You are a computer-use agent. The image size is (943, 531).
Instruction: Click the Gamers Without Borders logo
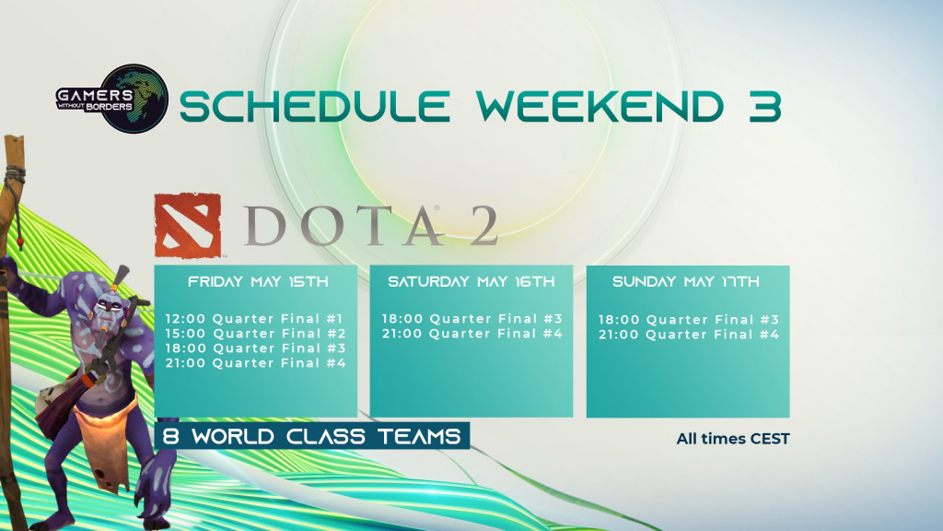click(x=111, y=99)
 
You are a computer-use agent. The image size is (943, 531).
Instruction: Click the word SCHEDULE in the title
click(x=315, y=106)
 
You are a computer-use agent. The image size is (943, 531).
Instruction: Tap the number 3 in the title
click(x=765, y=106)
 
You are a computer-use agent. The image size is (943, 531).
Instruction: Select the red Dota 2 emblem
click(x=188, y=226)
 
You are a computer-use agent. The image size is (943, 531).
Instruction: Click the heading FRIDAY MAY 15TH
click(x=258, y=281)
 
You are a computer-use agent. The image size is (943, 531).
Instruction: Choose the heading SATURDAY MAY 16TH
click(x=471, y=281)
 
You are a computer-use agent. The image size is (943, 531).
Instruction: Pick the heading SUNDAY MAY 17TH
click(x=685, y=281)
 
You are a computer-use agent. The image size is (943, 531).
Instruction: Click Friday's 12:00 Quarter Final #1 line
click(x=254, y=318)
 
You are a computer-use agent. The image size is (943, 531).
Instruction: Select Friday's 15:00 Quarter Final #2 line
click(x=256, y=334)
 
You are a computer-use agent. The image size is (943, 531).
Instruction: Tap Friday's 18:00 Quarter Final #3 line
click(x=256, y=348)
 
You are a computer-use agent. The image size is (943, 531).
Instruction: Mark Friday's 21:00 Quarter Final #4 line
click(x=256, y=363)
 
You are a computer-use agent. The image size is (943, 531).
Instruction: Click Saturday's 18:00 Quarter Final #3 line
click(x=472, y=318)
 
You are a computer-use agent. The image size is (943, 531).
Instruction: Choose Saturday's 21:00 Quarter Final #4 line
click(x=472, y=334)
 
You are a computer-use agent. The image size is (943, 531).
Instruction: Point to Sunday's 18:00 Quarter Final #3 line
click(x=689, y=320)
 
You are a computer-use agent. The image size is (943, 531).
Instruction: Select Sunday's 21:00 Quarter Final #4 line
click(x=689, y=334)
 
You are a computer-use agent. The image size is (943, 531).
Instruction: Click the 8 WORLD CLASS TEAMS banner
click(x=311, y=436)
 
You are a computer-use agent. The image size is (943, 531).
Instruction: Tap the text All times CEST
click(x=732, y=439)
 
